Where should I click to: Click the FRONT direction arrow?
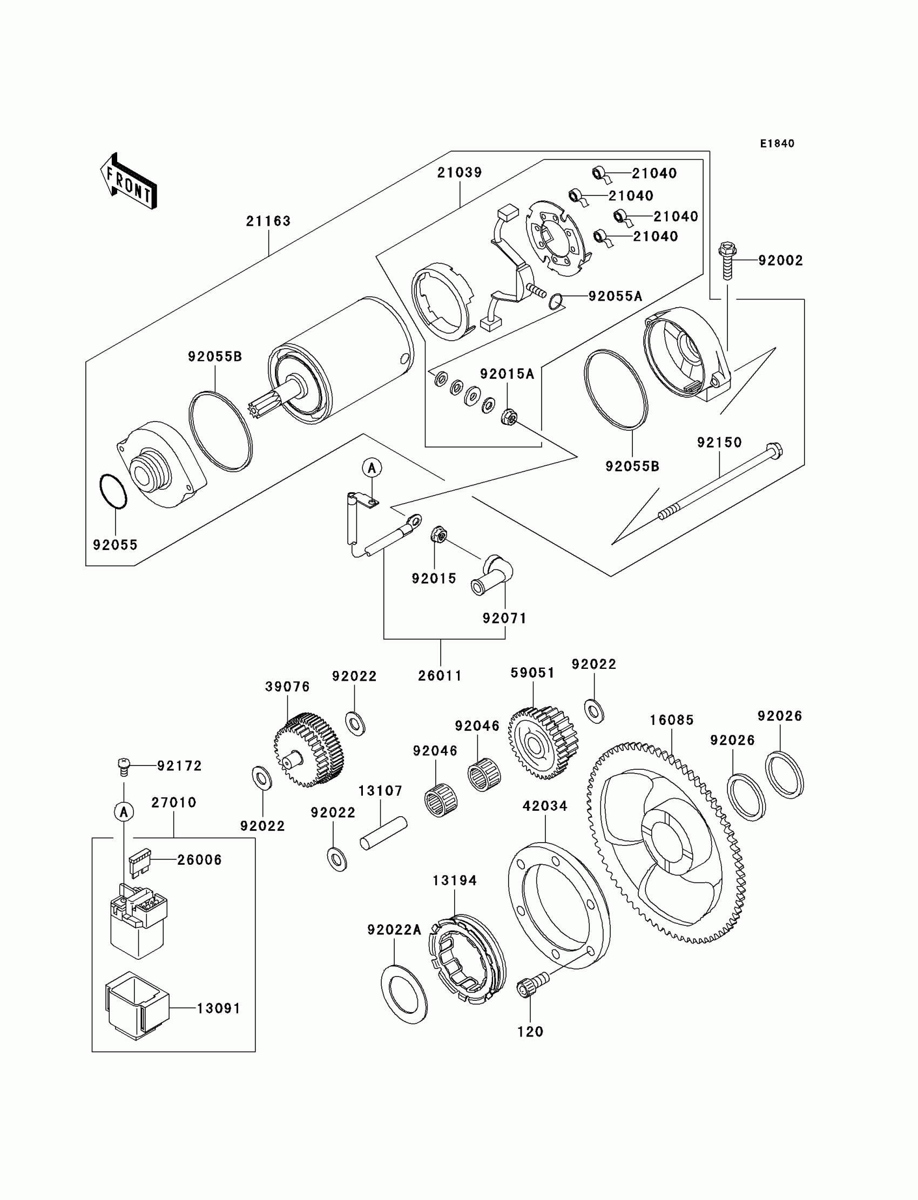(x=129, y=182)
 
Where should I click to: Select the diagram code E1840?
(x=777, y=144)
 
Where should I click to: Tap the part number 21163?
(x=268, y=221)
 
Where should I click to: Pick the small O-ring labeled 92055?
(x=113, y=492)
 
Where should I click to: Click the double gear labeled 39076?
(x=309, y=749)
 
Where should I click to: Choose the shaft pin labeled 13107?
(x=383, y=832)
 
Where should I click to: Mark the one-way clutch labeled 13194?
(x=468, y=958)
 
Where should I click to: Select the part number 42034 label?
(x=545, y=806)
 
